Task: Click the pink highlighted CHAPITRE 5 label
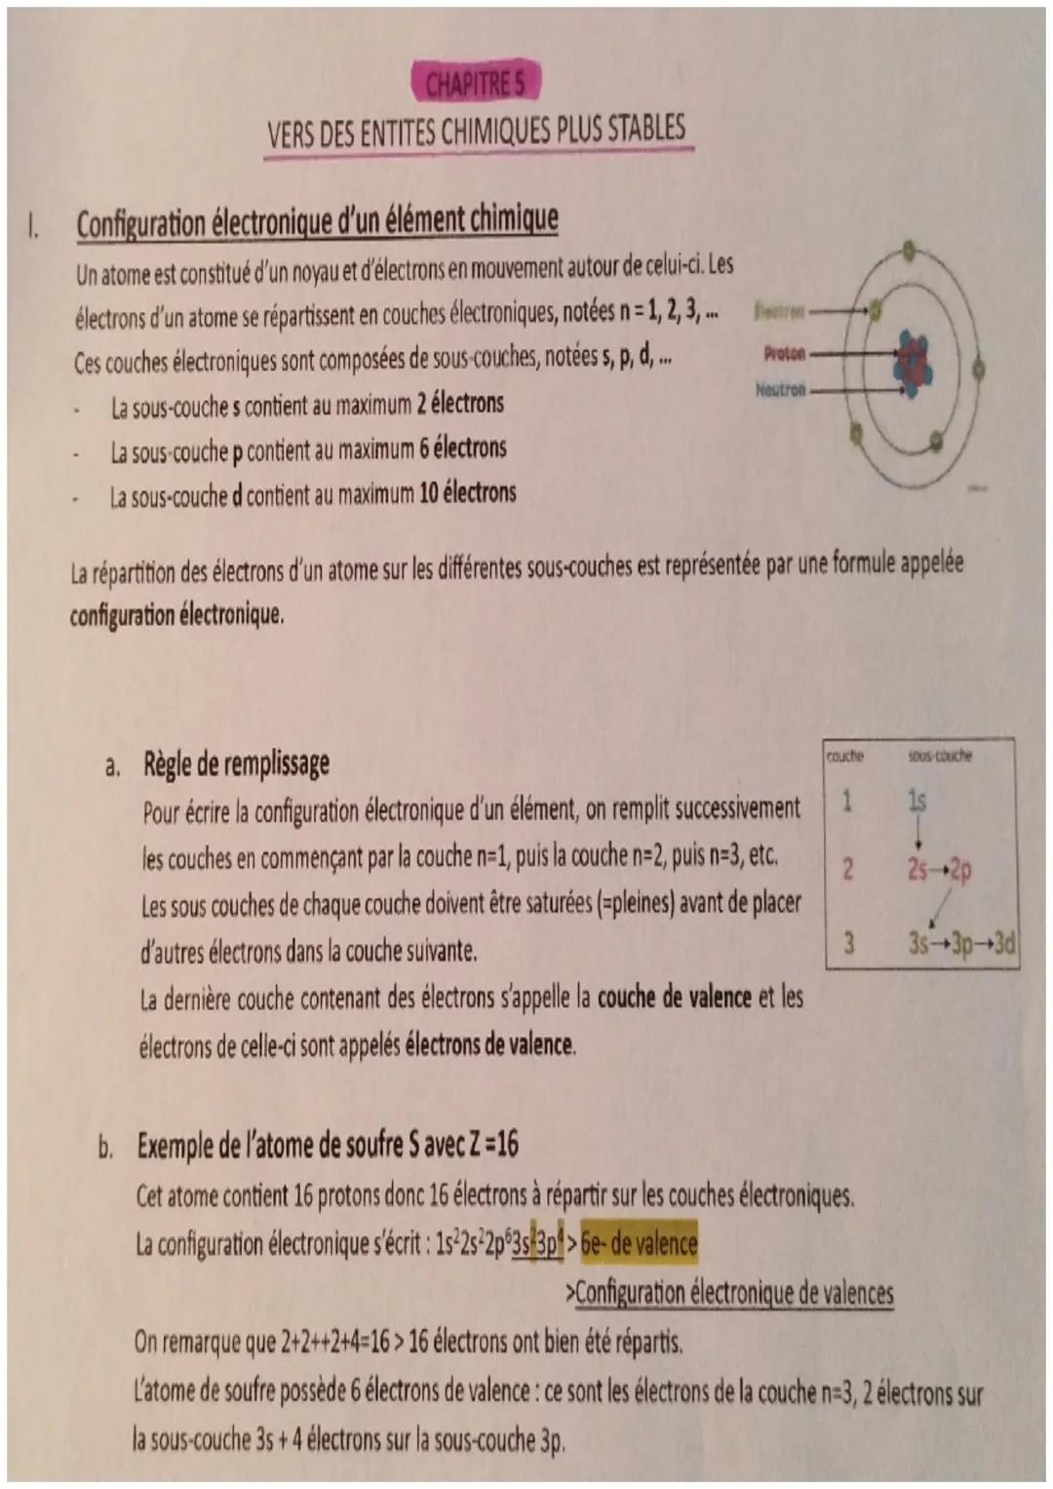[475, 85]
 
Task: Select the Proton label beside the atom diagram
[785, 353]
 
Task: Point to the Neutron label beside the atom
[780, 389]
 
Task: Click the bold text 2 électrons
[461, 403]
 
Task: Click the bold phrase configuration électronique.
[176, 616]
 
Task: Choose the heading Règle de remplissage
[236, 764]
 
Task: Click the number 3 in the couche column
[849, 943]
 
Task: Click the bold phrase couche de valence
[674, 998]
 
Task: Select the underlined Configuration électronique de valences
[733, 1293]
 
